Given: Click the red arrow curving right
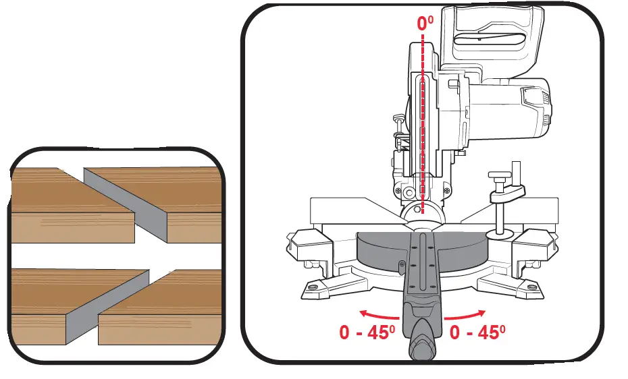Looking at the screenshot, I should (465, 312).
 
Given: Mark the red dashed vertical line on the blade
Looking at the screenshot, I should (423, 135).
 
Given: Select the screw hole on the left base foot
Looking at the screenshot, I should (313, 287).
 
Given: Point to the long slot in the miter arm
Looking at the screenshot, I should (423, 263).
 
